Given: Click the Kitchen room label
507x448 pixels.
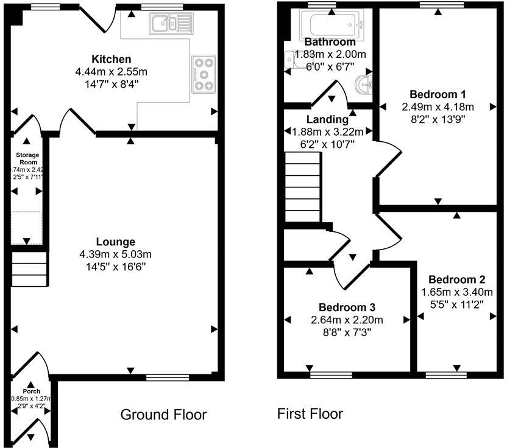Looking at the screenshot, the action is click(111, 59).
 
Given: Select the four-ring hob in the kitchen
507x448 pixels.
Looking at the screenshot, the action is click(202, 74).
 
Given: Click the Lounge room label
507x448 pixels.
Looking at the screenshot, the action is click(115, 242).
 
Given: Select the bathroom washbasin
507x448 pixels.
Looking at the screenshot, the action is click(364, 85).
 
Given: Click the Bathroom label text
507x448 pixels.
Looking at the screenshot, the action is click(330, 42).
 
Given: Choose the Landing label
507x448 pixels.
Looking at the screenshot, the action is click(327, 119).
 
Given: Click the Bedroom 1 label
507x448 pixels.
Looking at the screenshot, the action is click(438, 94).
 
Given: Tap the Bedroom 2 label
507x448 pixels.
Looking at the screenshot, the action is click(456, 279).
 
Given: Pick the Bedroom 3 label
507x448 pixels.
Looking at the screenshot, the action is click(347, 307).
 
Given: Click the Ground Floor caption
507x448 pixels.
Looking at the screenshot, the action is click(163, 415).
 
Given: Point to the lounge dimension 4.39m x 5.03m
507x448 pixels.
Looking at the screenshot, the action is click(115, 254).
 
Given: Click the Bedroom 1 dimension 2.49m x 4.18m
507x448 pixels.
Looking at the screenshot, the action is click(438, 107).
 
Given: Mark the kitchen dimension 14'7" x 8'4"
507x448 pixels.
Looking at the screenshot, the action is click(111, 84).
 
